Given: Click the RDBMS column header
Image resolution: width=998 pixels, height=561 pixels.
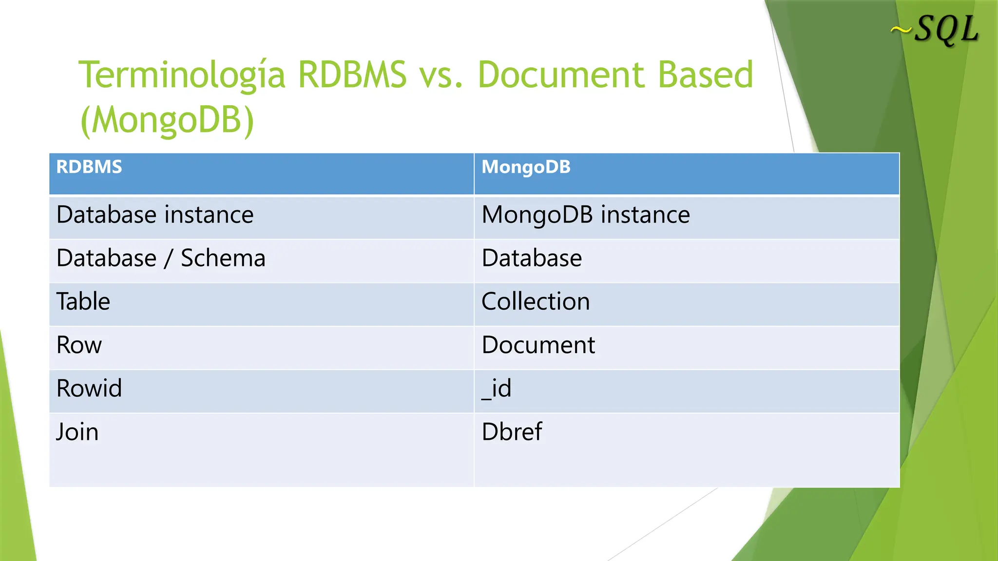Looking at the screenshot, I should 89,167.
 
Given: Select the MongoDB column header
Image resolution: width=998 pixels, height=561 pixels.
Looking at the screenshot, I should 526,167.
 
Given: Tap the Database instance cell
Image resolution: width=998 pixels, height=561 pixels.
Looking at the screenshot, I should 155,215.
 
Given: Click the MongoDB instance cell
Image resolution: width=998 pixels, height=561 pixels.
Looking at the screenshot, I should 586,215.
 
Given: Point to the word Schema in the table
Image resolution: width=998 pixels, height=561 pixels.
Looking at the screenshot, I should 223,258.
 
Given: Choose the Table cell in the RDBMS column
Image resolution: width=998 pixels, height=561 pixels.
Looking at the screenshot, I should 83,301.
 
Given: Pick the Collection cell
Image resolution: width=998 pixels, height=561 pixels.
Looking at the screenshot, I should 536,301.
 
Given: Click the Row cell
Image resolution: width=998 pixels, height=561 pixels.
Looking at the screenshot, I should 79,345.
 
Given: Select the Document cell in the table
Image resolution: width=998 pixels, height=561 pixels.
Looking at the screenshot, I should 538,345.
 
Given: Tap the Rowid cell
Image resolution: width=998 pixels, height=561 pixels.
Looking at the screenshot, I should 89,389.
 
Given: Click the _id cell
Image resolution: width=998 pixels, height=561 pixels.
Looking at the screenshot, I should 497,389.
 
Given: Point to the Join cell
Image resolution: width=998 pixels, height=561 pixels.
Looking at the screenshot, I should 77,432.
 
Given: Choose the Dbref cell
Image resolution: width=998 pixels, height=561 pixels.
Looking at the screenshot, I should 512,432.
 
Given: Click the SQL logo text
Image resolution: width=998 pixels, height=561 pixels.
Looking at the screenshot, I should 946,30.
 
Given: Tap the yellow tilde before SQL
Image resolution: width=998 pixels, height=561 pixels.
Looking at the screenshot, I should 901,31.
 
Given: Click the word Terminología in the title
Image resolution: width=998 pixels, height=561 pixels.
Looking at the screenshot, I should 182,75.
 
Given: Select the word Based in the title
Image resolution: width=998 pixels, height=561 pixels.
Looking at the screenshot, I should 705,75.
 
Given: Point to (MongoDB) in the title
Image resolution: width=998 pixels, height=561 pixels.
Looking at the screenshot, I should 167,120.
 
